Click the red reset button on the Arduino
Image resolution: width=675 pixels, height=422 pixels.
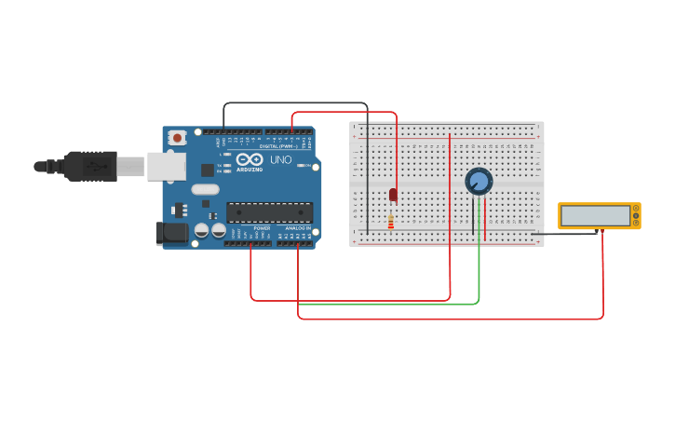pos(178,138)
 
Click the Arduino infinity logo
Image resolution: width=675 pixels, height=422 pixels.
pos(249,158)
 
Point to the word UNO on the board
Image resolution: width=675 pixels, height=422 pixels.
pos(280,160)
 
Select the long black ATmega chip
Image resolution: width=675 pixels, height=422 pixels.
pos(269,212)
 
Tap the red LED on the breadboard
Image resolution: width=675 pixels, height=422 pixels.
pos(393,194)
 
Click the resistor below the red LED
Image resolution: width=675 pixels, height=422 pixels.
pos(390,223)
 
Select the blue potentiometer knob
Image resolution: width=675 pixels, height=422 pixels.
pos(479,181)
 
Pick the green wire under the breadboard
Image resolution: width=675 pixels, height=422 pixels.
pos(391,304)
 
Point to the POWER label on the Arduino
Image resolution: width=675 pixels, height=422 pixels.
pos(262,228)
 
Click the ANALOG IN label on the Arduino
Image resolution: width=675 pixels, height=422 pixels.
pos(298,228)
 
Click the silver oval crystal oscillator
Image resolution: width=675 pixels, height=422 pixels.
pos(207,190)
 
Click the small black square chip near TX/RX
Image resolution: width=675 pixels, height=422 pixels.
pos(207,170)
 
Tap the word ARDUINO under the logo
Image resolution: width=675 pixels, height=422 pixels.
pos(250,169)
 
